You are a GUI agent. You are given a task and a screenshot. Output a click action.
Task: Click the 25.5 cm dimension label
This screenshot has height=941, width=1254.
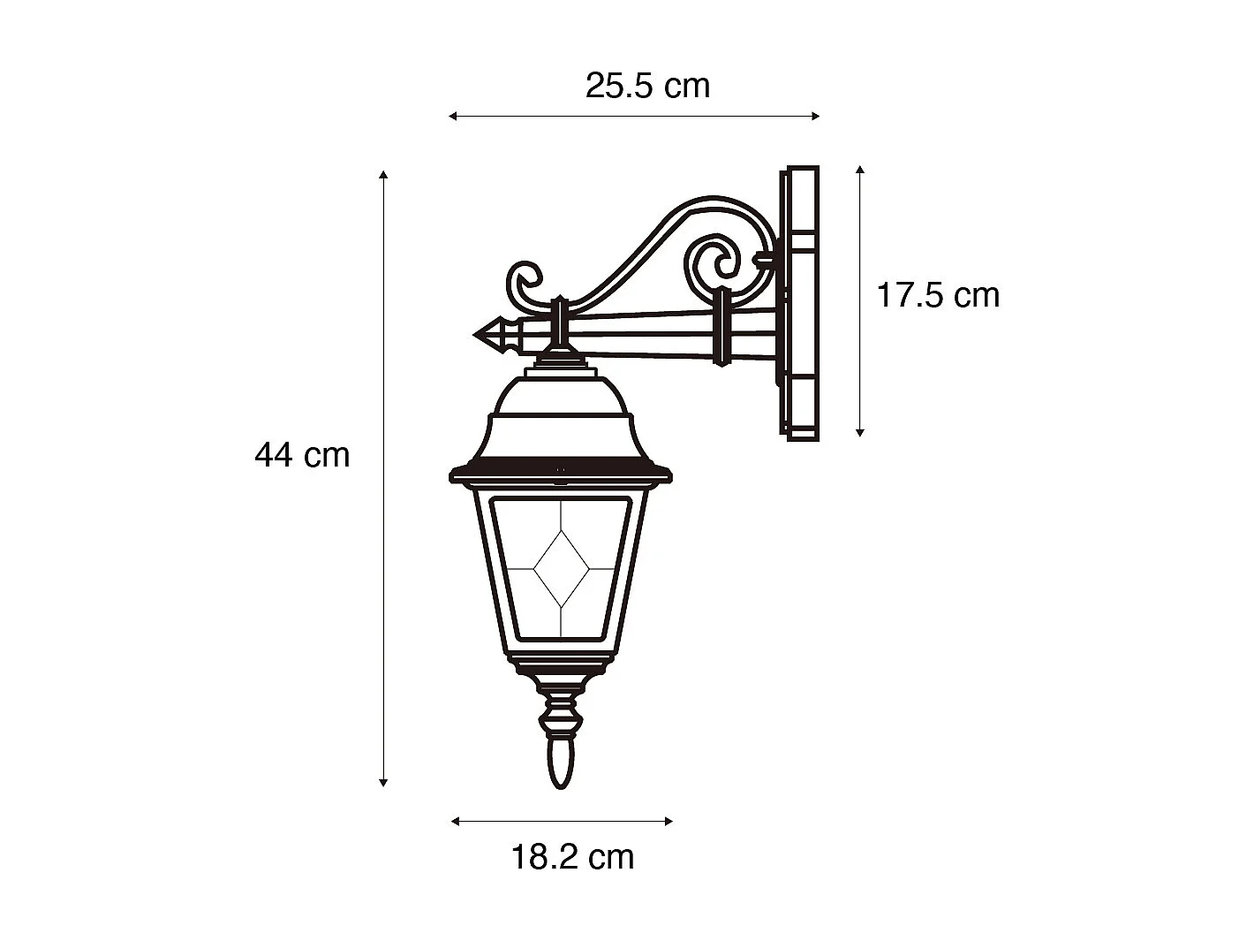point(647,87)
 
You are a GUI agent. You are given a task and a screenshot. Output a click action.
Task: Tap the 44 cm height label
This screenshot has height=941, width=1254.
point(302,455)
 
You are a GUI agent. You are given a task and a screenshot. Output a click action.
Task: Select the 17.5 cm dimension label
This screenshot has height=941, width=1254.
point(938,295)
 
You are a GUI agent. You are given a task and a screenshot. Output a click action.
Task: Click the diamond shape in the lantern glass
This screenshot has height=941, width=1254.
point(561,569)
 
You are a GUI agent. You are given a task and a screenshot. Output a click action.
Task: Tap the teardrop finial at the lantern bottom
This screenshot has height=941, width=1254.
point(561,764)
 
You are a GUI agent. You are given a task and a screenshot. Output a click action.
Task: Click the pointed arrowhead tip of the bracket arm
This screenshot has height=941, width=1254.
point(475,335)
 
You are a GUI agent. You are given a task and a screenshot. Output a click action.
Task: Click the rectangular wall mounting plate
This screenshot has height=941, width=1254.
point(799,303)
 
